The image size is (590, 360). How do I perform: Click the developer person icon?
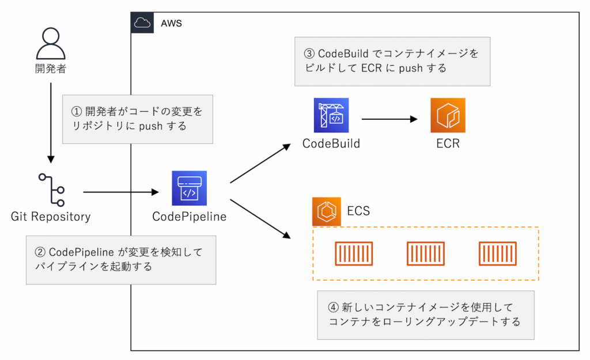[51, 43]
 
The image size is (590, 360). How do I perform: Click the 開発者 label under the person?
[51, 70]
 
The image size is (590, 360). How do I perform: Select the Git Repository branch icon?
[51, 190]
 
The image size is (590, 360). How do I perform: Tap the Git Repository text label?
[51, 217]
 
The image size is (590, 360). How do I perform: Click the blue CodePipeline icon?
[190, 188]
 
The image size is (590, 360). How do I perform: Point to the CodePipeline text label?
[189, 217]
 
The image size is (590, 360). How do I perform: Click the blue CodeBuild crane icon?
[331, 115]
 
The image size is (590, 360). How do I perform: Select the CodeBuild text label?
[331, 144]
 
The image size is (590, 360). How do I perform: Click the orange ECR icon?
[448, 115]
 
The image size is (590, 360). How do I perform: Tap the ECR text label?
[448, 144]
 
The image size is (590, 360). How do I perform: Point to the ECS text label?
[358, 211]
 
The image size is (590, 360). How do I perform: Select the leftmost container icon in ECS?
[353, 254]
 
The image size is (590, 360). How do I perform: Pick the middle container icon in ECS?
[425, 254]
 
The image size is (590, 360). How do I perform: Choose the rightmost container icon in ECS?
[497, 254]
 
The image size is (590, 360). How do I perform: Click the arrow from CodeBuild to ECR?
[389, 120]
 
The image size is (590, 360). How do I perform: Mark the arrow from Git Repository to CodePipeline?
[121, 192]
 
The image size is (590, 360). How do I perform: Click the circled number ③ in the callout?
[309, 54]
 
